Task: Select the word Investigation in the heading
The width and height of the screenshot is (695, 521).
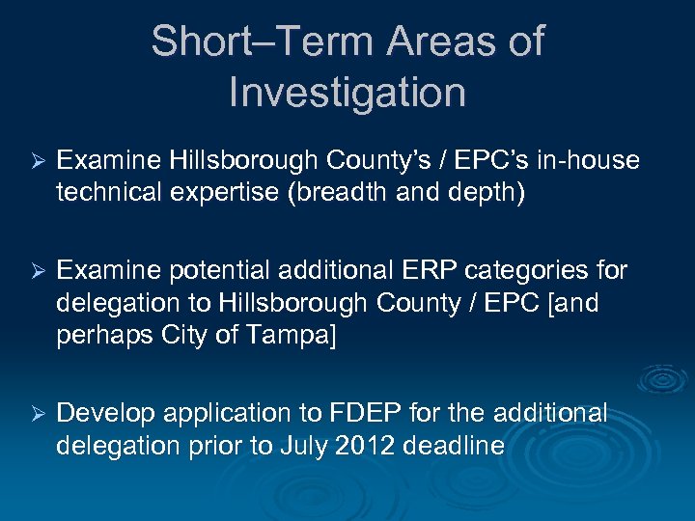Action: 347,93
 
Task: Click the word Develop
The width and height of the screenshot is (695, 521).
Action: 106,414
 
